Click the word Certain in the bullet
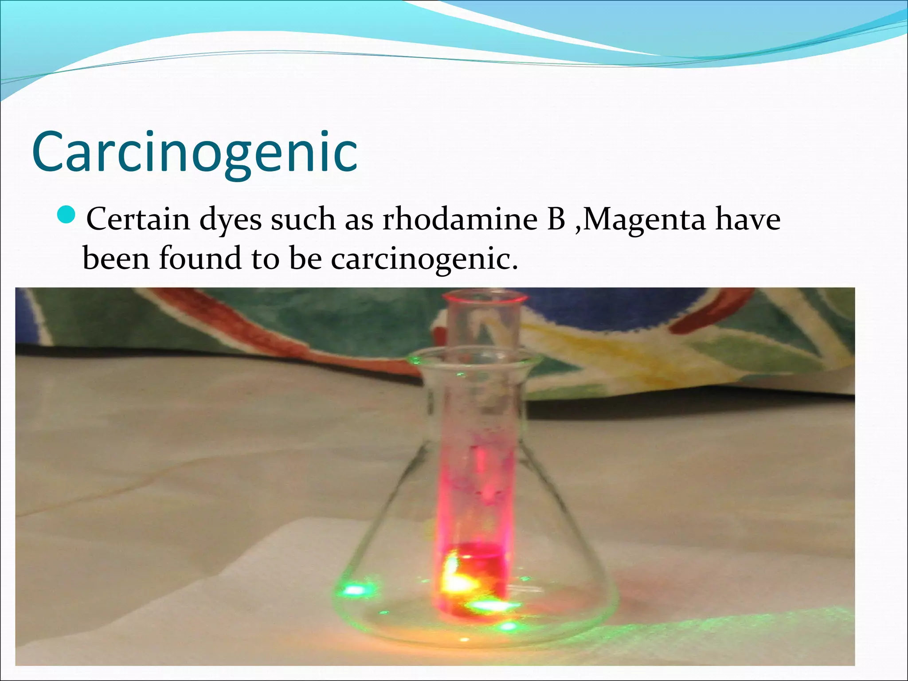(x=138, y=219)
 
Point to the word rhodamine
(x=460, y=219)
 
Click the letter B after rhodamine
(x=556, y=219)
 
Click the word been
(x=116, y=258)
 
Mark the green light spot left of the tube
(x=355, y=590)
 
